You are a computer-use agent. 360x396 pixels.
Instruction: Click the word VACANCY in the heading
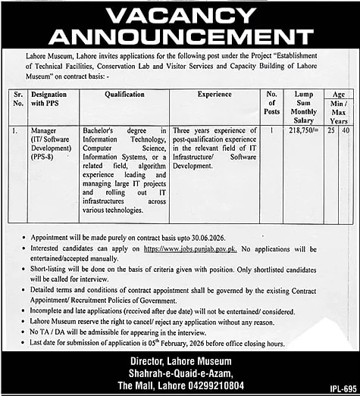[180, 14]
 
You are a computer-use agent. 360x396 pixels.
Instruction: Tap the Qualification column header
[124, 95]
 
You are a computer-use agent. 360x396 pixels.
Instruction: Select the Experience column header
[214, 95]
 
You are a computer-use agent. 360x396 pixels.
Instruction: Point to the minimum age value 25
[330, 130]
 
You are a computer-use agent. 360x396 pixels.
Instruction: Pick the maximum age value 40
[346, 130]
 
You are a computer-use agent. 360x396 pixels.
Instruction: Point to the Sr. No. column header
[18, 99]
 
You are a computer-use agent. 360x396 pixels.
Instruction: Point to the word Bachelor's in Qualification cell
[100, 130]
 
